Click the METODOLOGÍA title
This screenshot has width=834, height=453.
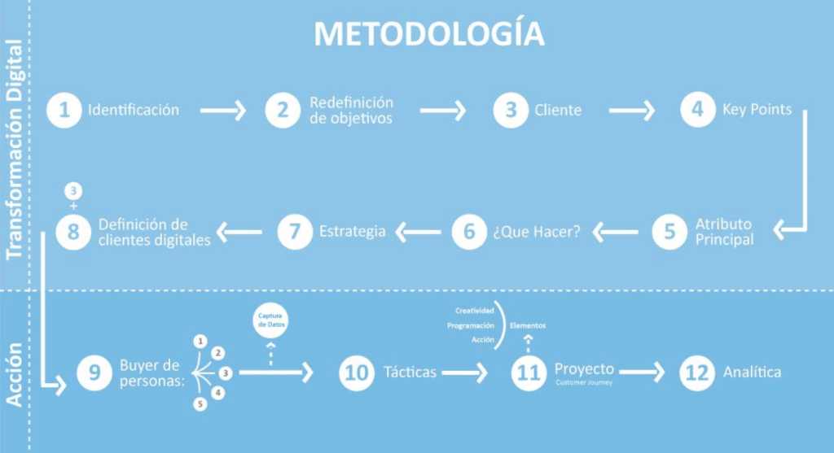click(x=428, y=34)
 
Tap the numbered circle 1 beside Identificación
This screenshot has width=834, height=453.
click(x=64, y=110)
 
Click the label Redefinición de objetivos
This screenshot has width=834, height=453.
click(x=351, y=111)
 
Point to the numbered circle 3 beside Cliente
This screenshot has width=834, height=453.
click(x=511, y=110)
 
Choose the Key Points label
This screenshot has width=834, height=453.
click(x=757, y=110)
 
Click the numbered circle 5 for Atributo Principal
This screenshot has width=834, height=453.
click(x=669, y=231)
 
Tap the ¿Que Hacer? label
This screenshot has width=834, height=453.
click(x=536, y=232)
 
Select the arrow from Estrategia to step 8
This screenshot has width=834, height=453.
click(x=239, y=232)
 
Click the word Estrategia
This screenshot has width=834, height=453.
click(x=353, y=232)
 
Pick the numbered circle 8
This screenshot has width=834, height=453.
click(x=72, y=232)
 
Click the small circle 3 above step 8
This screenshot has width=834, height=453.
click(x=74, y=191)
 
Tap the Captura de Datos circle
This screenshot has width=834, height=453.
click(x=270, y=320)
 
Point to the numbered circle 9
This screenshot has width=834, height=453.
click(x=94, y=372)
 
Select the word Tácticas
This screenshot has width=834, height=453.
click(x=410, y=372)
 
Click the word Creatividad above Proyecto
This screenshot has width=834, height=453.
click(x=474, y=311)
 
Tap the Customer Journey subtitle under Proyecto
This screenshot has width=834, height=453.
click(x=584, y=382)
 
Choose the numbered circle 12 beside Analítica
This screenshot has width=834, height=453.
click(x=697, y=372)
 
